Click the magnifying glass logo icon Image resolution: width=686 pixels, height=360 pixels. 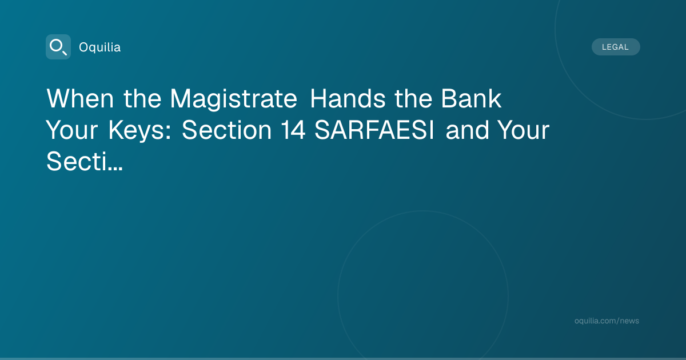[x=58, y=47]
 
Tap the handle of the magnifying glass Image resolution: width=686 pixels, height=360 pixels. [x=64, y=53]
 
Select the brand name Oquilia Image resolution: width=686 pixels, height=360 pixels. [x=100, y=47]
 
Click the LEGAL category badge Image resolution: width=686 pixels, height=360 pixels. [x=616, y=47]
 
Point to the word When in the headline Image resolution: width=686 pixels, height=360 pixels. [x=80, y=98]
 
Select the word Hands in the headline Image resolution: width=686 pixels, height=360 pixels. [x=348, y=98]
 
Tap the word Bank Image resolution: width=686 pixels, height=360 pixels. [x=471, y=98]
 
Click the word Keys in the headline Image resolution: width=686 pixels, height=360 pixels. [x=137, y=131]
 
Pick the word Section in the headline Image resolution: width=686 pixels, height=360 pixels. [x=226, y=130]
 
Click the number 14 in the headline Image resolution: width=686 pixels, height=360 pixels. [x=293, y=130]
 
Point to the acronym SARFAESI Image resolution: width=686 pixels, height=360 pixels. [x=374, y=130]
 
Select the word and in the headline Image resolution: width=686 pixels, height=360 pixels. [x=468, y=130]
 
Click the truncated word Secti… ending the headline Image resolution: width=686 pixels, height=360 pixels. [x=85, y=161]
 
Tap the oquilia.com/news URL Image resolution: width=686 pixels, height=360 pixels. [x=607, y=321]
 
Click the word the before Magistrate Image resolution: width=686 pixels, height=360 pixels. [x=142, y=98]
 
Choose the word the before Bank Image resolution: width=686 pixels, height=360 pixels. [x=413, y=98]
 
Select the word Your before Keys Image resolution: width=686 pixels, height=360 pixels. [x=72, y=130]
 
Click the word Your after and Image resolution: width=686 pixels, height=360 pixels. [x=524, y=130]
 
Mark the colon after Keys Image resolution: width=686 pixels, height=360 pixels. [x=168, y=133]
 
